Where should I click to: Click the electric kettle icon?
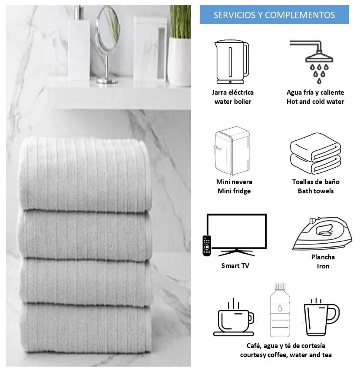click(232, 62)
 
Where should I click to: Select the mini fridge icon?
click(232, 151)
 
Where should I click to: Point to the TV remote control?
click(207, 246)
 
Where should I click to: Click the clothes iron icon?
click(322, 234)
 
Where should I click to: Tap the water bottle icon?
click(280, 310)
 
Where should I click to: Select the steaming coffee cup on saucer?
click(234, 317)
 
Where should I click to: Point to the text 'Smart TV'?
click(235, 266)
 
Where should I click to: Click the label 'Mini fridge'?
click(234, 191)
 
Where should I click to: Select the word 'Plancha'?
click(323, 257)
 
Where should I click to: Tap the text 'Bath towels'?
click(316, 191)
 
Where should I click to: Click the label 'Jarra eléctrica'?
click(232, 93)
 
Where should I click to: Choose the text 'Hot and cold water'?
click(315, 102)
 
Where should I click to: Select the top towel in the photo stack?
click(85, 174)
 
